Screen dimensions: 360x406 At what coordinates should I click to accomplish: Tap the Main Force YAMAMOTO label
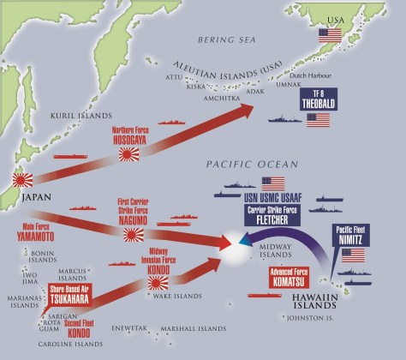point(34,231)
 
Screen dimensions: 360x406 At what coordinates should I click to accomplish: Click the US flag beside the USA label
point(330,35)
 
